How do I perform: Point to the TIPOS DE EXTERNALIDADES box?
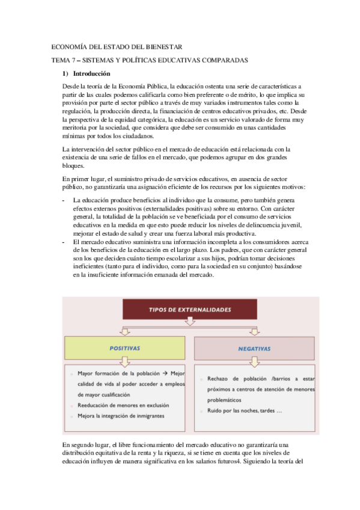click(190, 310)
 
